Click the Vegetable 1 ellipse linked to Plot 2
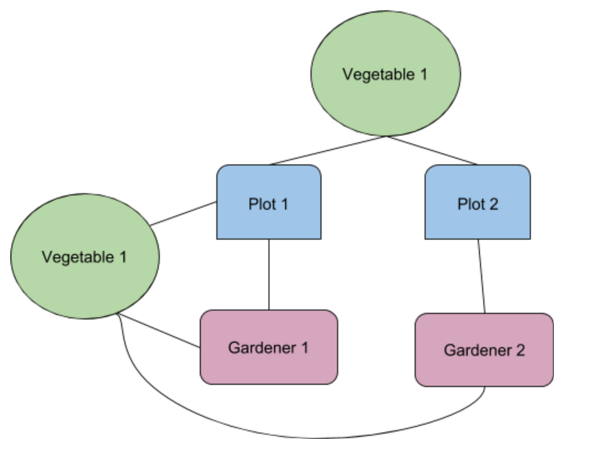coord(385,74)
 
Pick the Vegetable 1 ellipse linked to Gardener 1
coord(84,257)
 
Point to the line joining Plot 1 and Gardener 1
coord(268,274)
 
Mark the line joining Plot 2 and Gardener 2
coord(481,276)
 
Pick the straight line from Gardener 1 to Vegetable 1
coord(159,331)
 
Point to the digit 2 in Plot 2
coord(493,204)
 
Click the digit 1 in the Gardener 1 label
coord(303,347)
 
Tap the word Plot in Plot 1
coord(261,204)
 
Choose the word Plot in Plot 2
coord(470,204)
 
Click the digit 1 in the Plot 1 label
coord(284,204)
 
